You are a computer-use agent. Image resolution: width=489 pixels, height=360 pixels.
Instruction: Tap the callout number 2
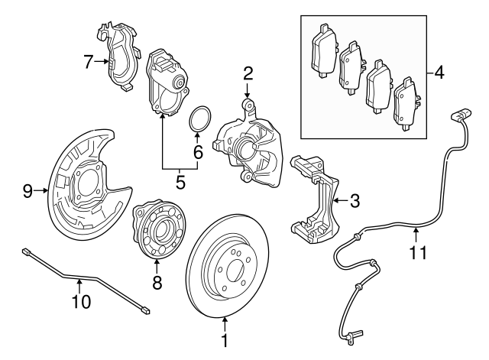[248, 73]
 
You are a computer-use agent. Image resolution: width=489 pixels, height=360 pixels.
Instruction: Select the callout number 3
[355, 202]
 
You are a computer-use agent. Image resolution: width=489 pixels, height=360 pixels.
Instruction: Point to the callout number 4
[439, 73]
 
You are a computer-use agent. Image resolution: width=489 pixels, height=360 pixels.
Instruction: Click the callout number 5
[180, 182]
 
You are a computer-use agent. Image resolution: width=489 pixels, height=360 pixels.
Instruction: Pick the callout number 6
[198, 151]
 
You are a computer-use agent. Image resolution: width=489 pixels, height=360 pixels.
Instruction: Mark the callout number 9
[28, 191]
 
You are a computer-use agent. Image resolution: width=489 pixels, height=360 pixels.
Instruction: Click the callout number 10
[81, 301]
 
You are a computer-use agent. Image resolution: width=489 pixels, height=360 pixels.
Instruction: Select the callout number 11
[416, 249]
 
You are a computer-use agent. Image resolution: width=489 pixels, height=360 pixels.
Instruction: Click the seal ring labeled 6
[201, 121]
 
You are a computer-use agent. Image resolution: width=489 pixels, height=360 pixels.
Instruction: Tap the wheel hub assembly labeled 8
[157, 230]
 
